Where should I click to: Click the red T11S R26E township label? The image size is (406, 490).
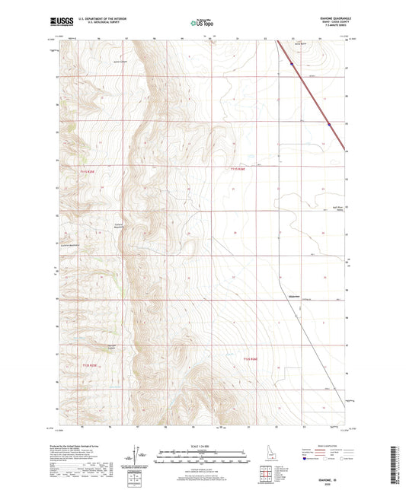241,169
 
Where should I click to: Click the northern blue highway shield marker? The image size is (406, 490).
290,64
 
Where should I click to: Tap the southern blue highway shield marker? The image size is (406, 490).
328,124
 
